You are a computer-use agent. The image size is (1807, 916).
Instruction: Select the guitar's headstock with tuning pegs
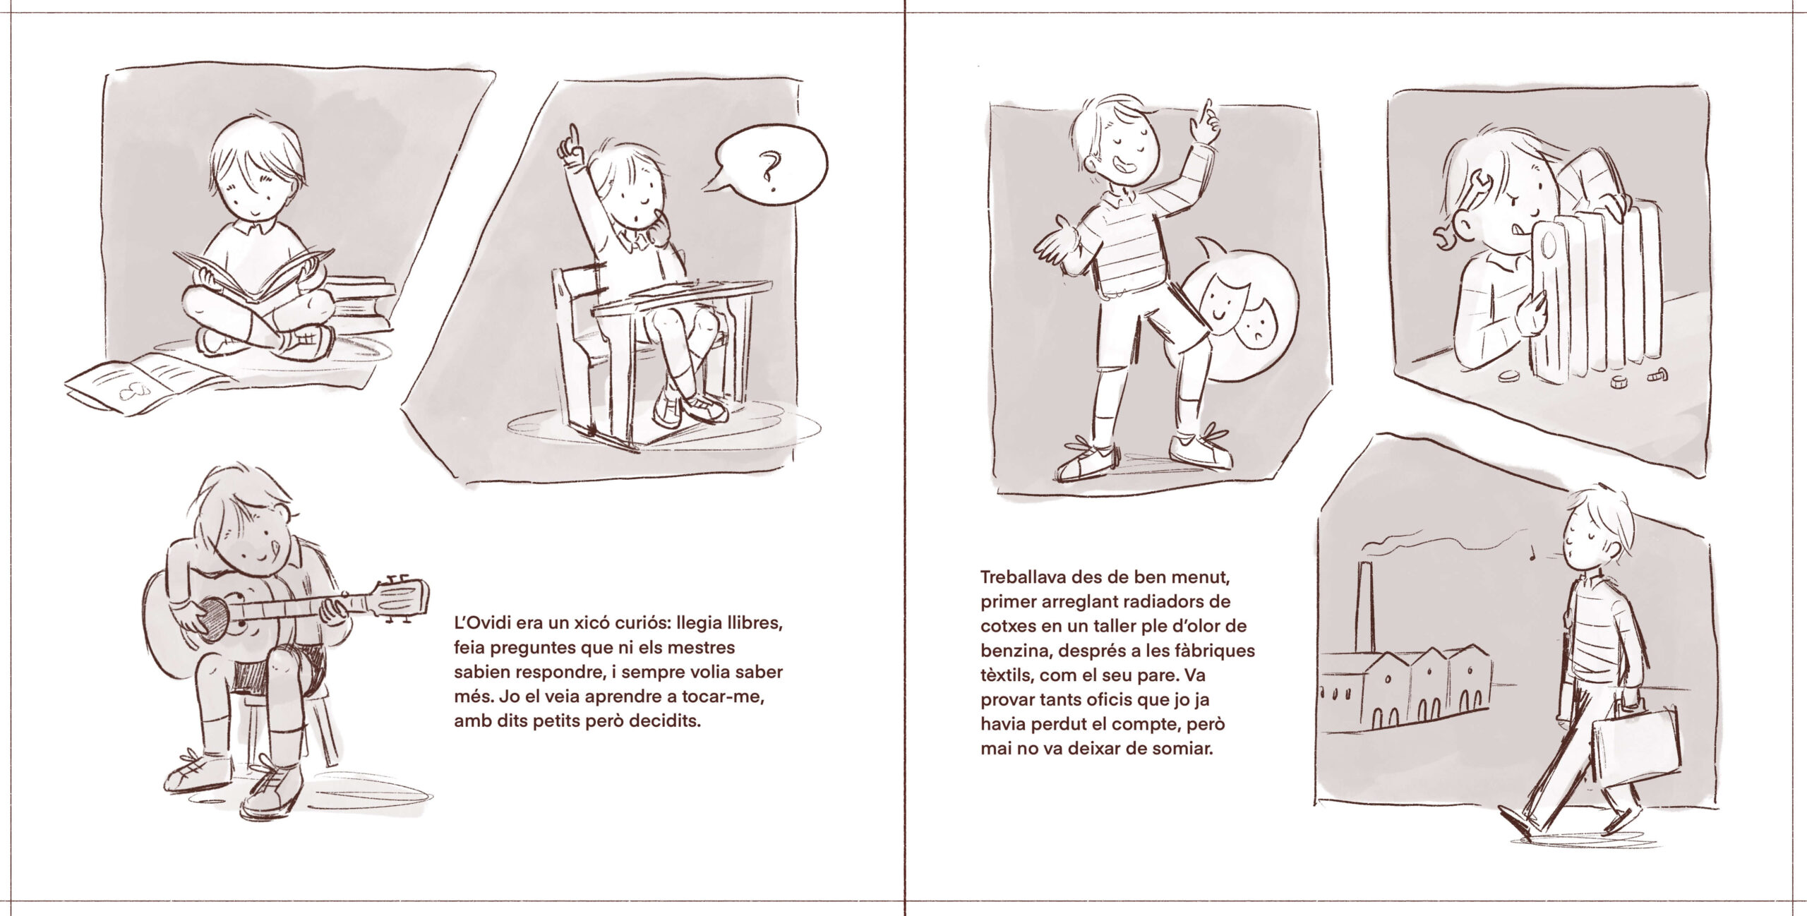402,598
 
